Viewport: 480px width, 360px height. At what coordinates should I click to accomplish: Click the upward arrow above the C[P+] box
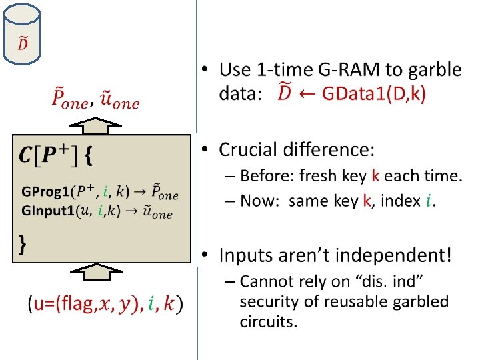(x=96, y=125)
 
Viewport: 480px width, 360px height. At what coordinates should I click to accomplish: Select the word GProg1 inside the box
(x=45, y=192)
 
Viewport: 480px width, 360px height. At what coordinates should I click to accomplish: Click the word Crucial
(x=256, y=149)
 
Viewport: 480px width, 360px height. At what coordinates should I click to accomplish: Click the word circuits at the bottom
(x=268, y=322)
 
